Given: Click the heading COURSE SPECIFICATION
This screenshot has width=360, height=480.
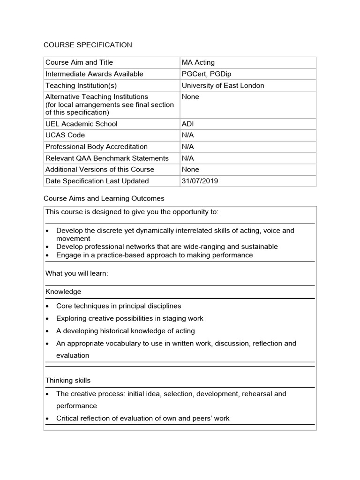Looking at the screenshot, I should [x=88, y=45].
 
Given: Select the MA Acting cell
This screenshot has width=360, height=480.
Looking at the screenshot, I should [x=198, y=62].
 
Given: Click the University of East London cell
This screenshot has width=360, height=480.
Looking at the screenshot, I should [x=223, y=85].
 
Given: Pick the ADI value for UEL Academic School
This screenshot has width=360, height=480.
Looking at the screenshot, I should [x=187, y=124].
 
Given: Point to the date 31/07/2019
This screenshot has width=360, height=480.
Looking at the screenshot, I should [x=200, y=181].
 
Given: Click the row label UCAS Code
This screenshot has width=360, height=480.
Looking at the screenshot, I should [x=65, y=135].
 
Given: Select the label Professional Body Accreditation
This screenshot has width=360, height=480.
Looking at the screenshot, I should [x=96, y=147].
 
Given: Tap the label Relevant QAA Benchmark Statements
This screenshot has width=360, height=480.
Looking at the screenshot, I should [x=107, y=158].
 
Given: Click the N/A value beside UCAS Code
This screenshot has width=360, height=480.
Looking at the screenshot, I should [x=187, y=135].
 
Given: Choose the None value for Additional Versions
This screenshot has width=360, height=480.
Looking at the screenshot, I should [x=190, y=169].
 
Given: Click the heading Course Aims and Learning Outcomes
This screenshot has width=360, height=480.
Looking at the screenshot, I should [x=104, y=198].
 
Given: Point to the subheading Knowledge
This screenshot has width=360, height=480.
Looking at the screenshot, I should [x=63, y=292].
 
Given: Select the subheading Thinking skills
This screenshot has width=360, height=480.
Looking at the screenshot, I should [x=68, y=381].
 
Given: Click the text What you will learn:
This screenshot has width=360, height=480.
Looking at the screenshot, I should [x=77, y=273].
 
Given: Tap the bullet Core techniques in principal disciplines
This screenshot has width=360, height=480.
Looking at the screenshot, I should [x=118, y=306].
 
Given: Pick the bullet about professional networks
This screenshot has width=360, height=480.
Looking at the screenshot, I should [x=166, y=247].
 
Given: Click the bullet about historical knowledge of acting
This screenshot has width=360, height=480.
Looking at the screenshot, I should [x=125, y=331].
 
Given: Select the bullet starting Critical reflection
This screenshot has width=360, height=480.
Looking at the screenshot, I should [x=142, y=418].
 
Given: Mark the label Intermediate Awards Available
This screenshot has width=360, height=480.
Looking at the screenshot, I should [x=94, y=74].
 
